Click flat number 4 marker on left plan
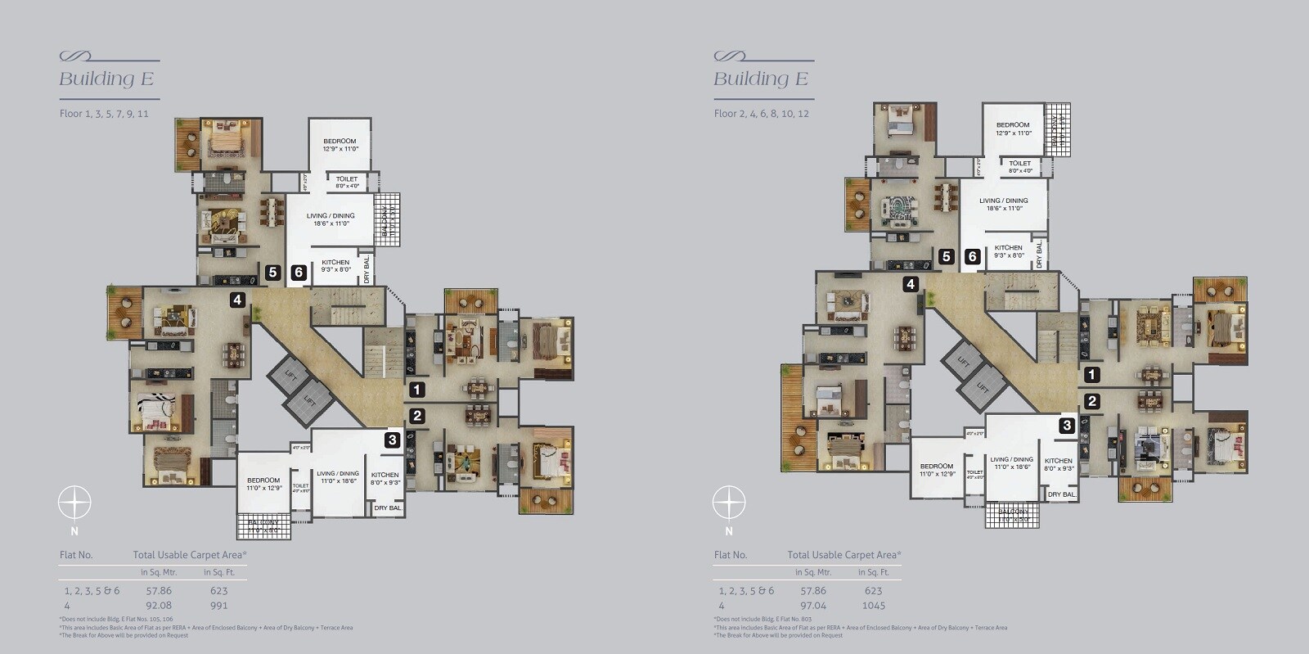coord(237,300)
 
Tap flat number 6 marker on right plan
coord(972,256)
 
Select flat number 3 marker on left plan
coord(393,440)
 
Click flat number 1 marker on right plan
coord(1091,375)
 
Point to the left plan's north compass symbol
coord(74,502)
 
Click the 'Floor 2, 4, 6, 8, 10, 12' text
coord(761,114)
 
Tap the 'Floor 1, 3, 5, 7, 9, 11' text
coord(104,114)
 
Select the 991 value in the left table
coord(218,606)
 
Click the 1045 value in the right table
coord(875,606)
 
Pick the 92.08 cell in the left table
coord(159,606)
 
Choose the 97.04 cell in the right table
coord(813,606)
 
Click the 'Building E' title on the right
coord(760,79)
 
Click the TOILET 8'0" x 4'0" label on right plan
coord(1019,167)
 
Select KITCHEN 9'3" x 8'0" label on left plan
coord(335,265)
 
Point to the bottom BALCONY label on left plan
coord(263,525)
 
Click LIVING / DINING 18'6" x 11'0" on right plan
coord(1004,204)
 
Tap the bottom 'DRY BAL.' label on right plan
coord(1062,494)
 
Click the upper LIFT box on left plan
coord(290,375)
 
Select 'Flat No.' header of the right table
coord(731,554)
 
